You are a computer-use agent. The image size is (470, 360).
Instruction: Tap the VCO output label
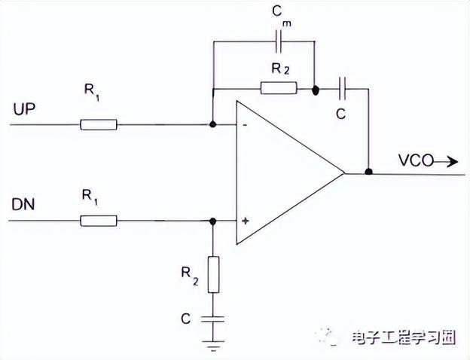click(x=414, y=160)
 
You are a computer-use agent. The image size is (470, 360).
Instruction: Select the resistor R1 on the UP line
click(x=99, y=124)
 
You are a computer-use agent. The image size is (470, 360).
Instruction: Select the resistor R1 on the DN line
click(x=99, y=221)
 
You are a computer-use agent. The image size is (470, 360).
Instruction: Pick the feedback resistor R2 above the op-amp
click(x=279, y=89)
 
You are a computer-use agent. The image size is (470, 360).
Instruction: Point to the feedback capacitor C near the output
click(x=343, y=89)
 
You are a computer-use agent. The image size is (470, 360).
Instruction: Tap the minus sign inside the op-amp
click(x=245, y=125)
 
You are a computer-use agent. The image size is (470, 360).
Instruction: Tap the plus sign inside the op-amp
click(x=245, y=221)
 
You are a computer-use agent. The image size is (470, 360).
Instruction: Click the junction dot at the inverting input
click(x=212, y=124)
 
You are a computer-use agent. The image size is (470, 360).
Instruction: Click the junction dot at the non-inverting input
click(x=212, y=221)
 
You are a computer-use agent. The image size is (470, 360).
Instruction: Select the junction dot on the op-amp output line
click(x=368, y=172)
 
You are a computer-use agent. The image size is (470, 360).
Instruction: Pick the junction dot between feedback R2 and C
click(x=314, y=89)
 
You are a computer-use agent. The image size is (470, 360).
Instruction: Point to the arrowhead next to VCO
click(x=452, y=160)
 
